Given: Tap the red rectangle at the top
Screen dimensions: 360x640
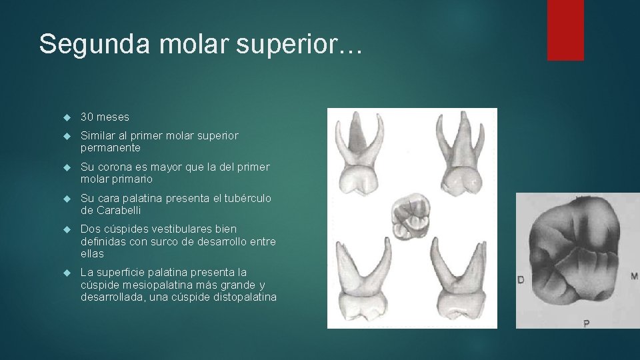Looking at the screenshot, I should click(565, 30).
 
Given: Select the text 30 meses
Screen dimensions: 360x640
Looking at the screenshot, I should click(105, 117).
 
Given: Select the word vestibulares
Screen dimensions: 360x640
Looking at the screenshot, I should click(174, 229).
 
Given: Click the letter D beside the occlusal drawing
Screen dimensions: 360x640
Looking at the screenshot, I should click(521, 279).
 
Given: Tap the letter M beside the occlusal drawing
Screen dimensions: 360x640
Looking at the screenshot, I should click(634, 275).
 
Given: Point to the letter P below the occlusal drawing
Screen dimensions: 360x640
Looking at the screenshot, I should click(586, 323).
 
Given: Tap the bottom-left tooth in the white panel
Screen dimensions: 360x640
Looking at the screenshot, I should click(364, 280).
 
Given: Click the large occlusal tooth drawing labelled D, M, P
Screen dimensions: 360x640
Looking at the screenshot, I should click(577, 257).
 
